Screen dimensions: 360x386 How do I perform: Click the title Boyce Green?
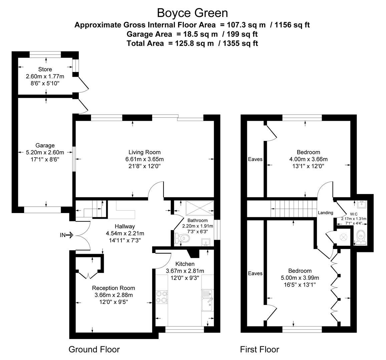click(192, 13)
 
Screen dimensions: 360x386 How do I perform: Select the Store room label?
click(45, 69)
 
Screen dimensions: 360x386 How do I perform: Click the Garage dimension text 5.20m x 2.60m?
click(45, 152)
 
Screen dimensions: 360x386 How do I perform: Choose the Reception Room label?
click(113, 288)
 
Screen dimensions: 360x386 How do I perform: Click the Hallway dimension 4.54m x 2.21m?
click(125, 233)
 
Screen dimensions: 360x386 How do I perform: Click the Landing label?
click(325, 213)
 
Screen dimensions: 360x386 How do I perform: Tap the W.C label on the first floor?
click(354, 214)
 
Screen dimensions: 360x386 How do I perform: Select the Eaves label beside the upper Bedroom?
click(255, 159)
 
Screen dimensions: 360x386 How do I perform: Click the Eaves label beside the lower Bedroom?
click(255, 273)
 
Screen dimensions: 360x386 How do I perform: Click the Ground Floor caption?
click(94, 349)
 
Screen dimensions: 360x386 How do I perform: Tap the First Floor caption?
click(259, 349)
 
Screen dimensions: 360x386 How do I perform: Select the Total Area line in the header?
click(192, 43)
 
